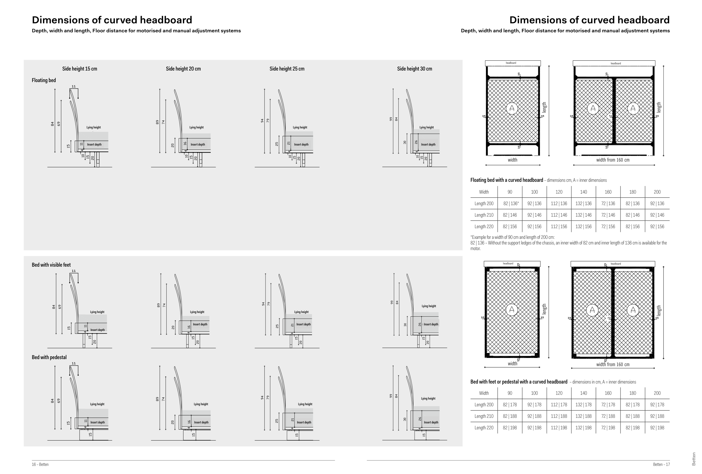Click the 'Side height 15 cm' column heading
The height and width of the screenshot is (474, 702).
coord(80,69)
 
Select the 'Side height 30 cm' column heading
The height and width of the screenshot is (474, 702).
coord(414,69)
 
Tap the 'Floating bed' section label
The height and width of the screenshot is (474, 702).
coord(44,80)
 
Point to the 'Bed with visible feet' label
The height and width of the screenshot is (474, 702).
coord(51,265)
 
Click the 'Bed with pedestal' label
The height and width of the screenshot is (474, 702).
coord(49,357)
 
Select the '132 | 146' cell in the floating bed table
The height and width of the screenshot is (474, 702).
coord(583,215)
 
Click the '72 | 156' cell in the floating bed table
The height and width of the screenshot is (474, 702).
coord(608,226)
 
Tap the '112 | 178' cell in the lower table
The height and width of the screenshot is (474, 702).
coord(559,405)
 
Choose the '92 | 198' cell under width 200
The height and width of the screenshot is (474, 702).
coord(657,428)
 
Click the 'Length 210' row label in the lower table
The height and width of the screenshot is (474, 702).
coord(484,416)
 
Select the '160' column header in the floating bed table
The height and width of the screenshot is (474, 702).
coord(608,192)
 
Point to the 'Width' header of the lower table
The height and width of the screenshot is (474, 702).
coord(484,393)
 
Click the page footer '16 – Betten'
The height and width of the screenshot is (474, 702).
coord(40,465)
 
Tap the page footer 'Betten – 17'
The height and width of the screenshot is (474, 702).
coord(661,465)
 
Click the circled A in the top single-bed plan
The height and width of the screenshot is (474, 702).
coord(512,108)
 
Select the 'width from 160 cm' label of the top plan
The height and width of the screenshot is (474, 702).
coord(613,160)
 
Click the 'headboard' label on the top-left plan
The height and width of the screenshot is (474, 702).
coord(511,63)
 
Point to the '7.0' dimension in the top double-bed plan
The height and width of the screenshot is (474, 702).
coord(610,116)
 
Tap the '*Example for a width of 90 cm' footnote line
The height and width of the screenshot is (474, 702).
coord(512,237)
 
